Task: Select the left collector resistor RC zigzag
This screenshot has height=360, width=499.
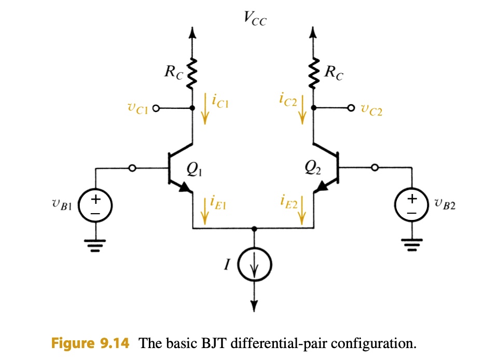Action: click(193, 73)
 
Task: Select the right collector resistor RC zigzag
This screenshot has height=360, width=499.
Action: click(313, 73)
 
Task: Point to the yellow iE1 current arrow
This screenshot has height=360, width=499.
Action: click(205, 211)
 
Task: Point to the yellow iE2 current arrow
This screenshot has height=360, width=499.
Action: click(301, 211)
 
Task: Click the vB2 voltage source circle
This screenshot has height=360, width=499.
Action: click(411, 205)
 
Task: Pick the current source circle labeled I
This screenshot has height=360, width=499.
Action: click(254, 268)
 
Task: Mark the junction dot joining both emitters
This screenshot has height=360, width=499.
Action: click(254, 228)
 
